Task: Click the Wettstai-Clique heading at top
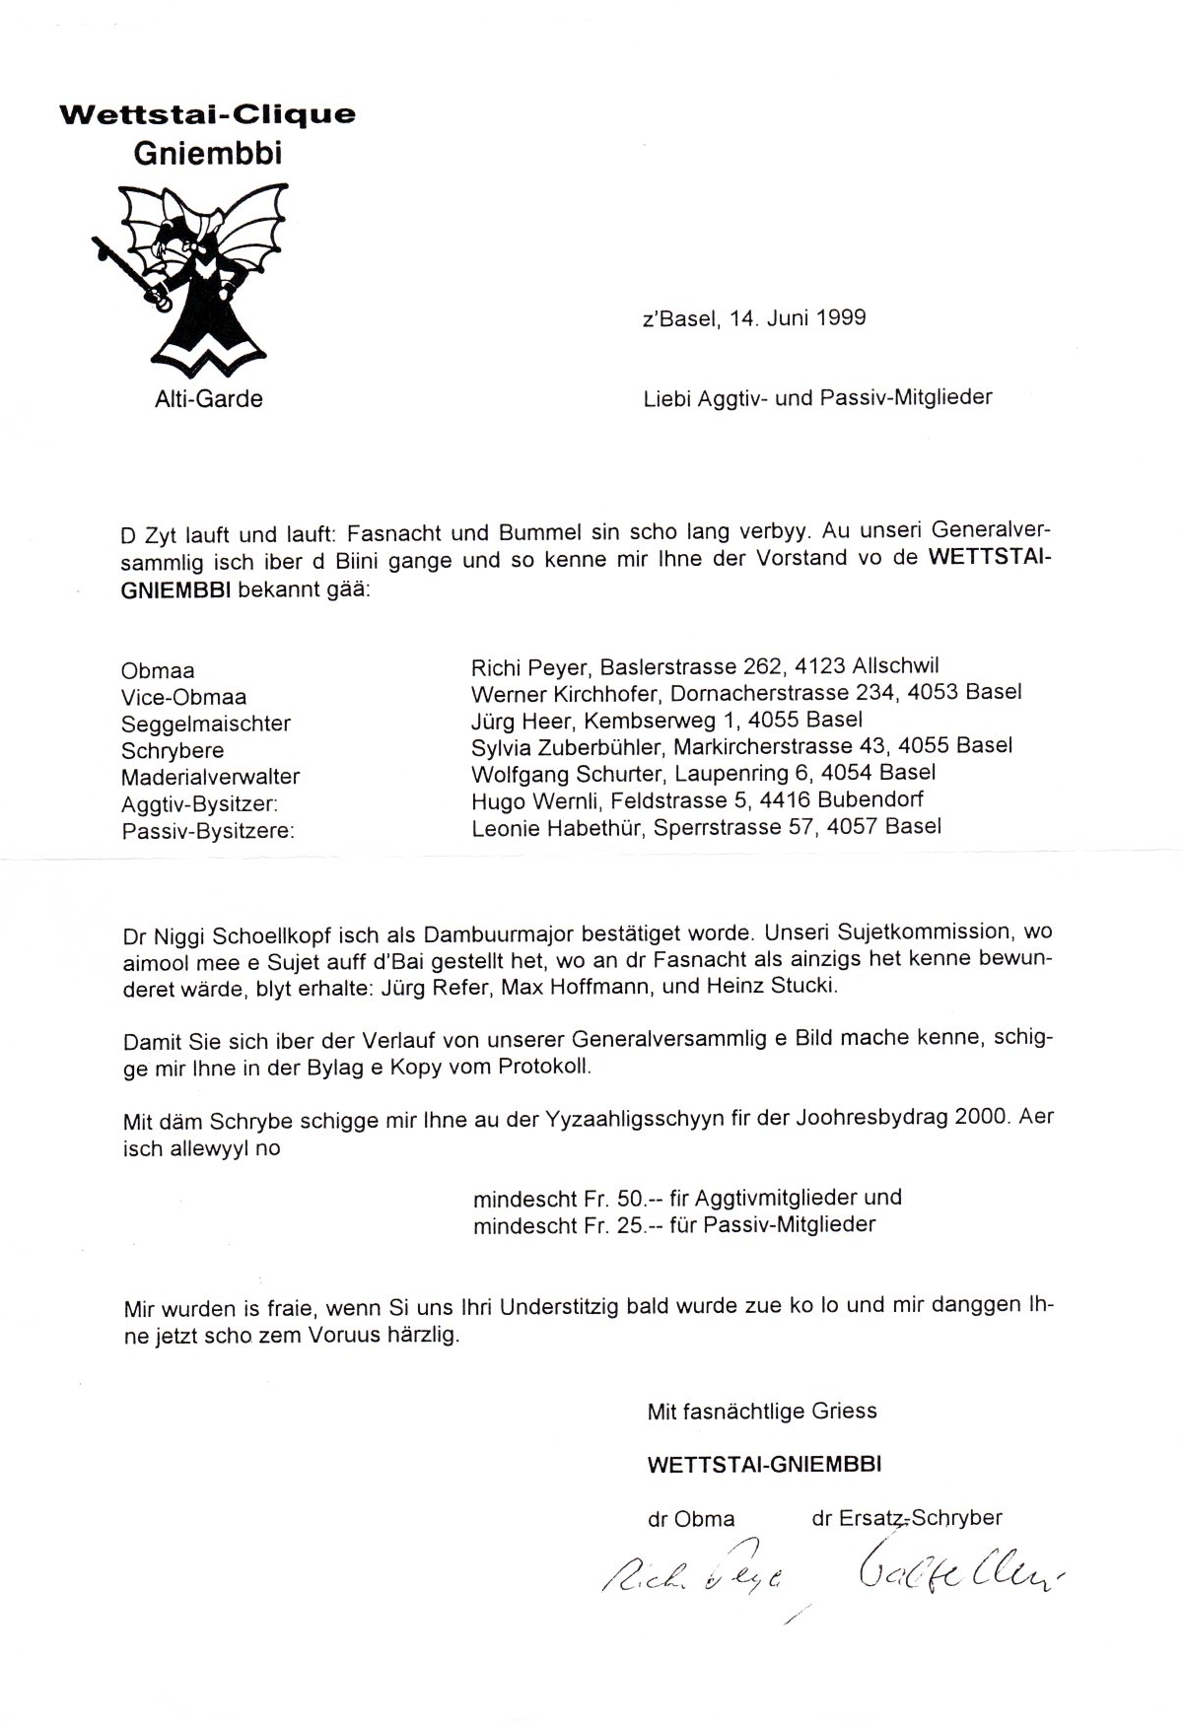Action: (207, 115)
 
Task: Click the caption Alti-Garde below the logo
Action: (208, 399)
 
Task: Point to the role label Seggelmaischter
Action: (205, 724)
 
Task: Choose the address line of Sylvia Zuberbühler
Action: (742, 746)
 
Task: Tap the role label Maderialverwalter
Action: (210, 777)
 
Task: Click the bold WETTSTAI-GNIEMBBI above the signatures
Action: (764, 1464)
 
